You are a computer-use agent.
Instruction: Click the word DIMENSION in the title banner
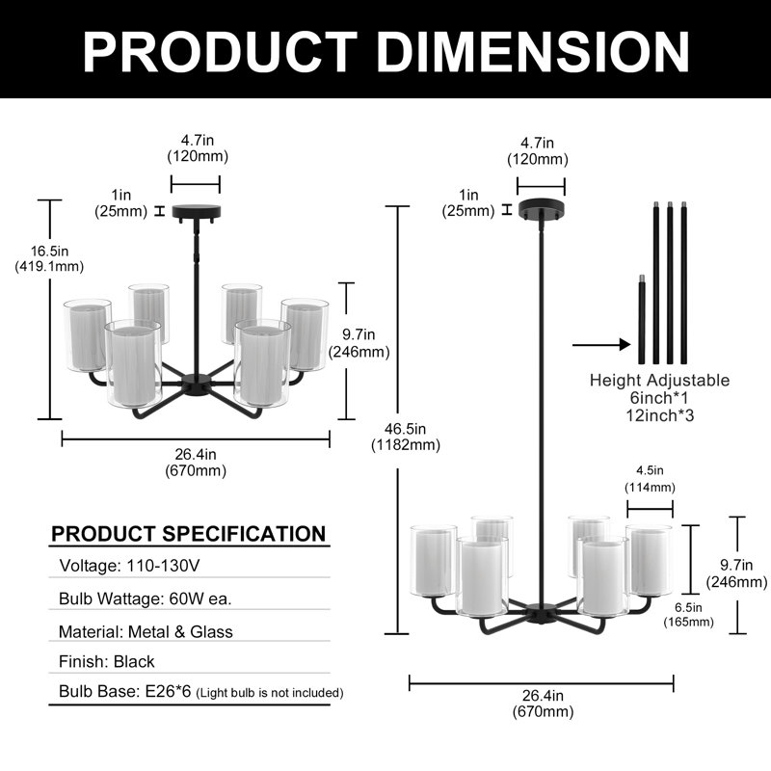pos(533,52)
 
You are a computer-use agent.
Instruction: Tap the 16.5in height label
pos(49,258)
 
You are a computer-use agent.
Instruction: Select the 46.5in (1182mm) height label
pos(405,437)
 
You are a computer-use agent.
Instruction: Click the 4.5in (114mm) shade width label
pos(650,479)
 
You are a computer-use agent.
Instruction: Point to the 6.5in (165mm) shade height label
pos(688,615)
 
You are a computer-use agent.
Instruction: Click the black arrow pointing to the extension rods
pos(601,345)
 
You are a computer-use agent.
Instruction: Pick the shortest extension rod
pos(641,320)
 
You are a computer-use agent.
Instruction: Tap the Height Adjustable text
pos(659,380)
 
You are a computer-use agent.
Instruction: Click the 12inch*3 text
pos(660,415)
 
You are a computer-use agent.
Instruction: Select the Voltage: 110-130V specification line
pos(129,566)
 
